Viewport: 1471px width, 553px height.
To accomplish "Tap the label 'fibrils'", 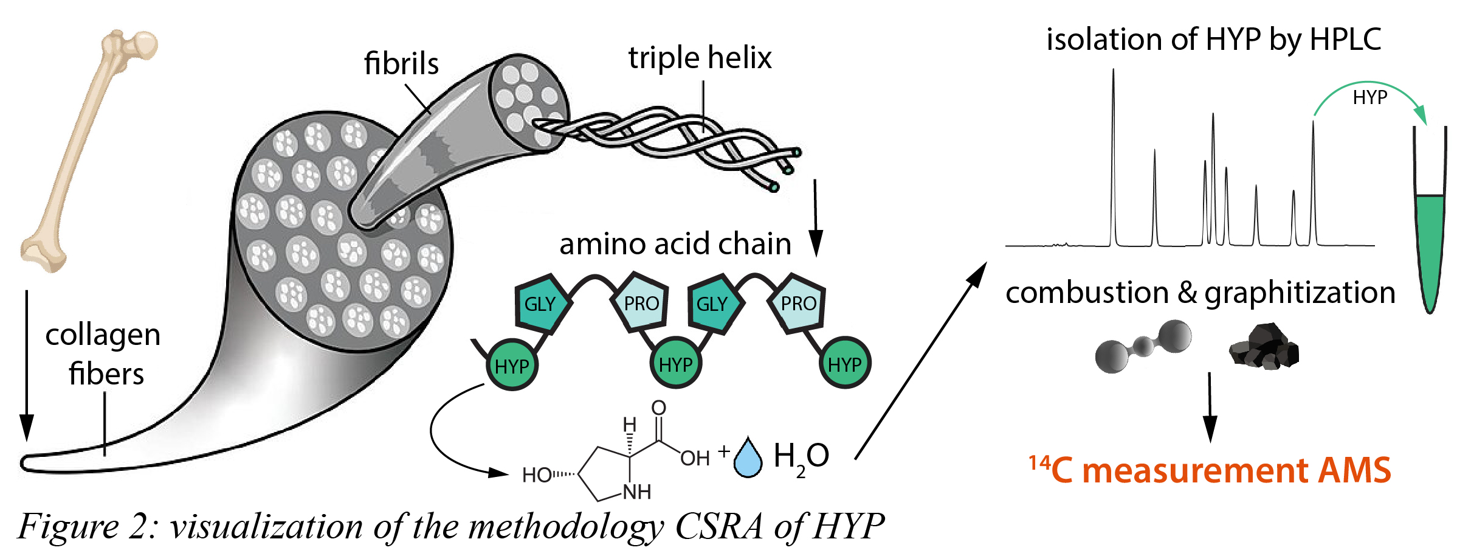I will coord(401,64).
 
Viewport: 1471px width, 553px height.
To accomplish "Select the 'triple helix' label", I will coord(700,58).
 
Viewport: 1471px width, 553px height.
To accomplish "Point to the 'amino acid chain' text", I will coord(675,244).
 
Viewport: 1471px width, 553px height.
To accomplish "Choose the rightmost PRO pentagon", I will coord(798,303).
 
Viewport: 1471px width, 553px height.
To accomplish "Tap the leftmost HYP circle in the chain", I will coord(512,366).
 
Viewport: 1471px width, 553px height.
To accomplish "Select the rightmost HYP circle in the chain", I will coord(844,364).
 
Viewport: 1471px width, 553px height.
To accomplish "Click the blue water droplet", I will coord(748,459).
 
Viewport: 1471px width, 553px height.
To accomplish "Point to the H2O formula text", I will coord(801,457).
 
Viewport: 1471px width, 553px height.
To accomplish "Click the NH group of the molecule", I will coord(637,492).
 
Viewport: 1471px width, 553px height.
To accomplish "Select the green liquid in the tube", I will coord(1430,243).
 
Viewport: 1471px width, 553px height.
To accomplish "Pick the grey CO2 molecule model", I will coord(1143,346).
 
